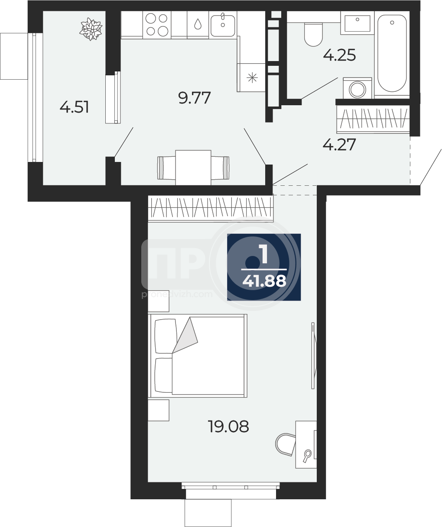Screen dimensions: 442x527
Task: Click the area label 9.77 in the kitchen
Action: click(x=194, y=98)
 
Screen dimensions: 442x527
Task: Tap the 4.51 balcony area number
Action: click(x=75, y=107)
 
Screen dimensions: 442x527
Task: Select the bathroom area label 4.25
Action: click(x=339, y=55)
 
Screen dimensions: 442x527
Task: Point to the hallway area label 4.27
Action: click(x=339, y=145)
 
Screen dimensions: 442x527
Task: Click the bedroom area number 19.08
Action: click(x=228, y=426)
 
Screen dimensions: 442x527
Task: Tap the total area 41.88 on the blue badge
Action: click(x=264, y=281)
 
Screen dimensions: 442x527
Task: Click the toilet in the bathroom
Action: click(x=313, y=35)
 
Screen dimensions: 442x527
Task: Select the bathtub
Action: click(x=392, y=54)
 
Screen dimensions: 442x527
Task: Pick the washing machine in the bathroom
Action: click(x=357, y=88)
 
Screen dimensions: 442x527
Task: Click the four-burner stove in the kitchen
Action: click(x=157, y=25)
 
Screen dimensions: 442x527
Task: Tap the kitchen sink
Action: click(x=223, y=25)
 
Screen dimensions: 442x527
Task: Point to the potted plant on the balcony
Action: click(x=91, y=29)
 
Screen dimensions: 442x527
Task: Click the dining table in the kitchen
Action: click(x=193, y=168)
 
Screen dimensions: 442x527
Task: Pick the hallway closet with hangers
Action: click(x=373, y=119)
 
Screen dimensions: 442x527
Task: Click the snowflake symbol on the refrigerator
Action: click(x=252, y=78)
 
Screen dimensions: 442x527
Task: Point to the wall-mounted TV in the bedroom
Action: click(x=314, y=356)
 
